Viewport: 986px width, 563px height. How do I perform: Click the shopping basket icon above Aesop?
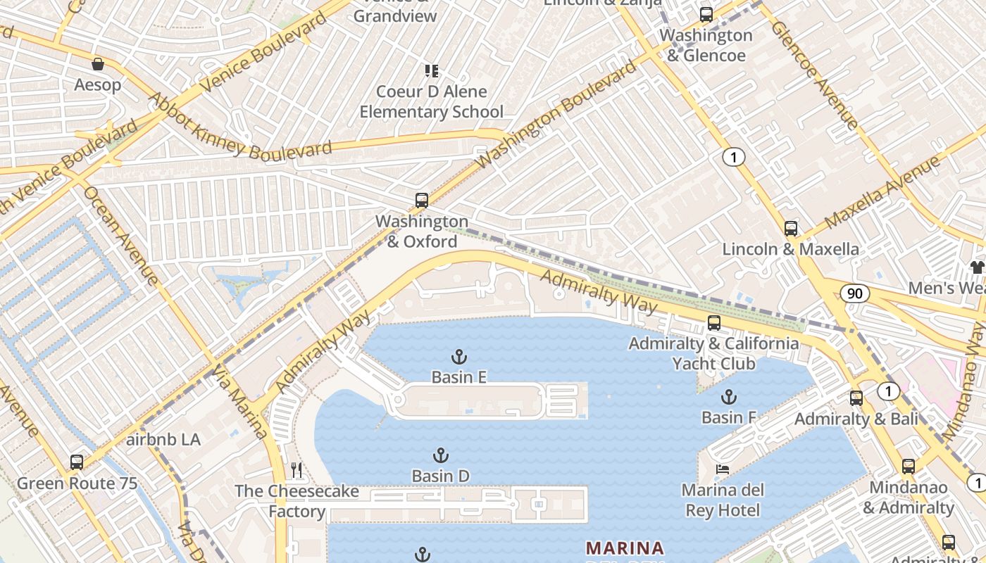click(98, 64)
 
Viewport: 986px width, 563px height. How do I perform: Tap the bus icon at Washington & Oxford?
click(421, 201)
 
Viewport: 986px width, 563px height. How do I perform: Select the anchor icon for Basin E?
click(459, 357)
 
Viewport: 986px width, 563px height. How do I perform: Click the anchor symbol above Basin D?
click(441, 455)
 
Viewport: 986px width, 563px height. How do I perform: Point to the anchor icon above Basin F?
click(728, 397)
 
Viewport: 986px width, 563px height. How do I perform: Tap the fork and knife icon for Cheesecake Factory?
click(297, 470)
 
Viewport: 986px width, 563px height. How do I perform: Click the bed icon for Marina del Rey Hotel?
click(723, 469)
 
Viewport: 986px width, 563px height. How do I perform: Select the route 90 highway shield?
click(854, 293)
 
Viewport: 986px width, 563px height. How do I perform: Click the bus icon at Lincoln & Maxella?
click(790, 229)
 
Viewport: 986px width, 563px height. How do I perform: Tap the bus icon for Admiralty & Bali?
click(856, 398)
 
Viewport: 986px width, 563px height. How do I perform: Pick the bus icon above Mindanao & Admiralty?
click(909, 466)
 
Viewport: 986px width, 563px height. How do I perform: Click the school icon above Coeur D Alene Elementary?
click(432, 70)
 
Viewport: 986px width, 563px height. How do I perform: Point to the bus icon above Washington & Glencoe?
click(706, 14)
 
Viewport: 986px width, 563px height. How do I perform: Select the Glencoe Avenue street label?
click(814, 75)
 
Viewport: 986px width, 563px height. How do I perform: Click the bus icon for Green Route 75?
click(77, 462)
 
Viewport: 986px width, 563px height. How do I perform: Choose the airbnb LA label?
click(163, 440)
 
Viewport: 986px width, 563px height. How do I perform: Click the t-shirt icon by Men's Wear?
click(977, 267)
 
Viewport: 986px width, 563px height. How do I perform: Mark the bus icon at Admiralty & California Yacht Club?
click(714, 323)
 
